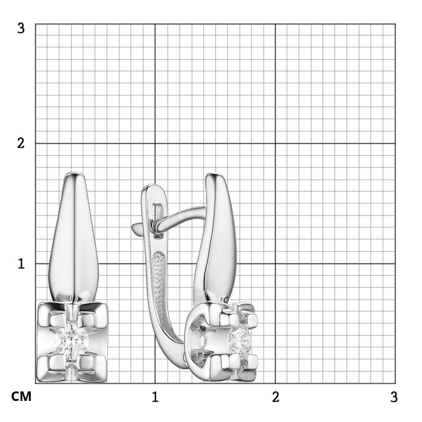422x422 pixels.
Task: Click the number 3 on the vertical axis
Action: (x=20, y=28)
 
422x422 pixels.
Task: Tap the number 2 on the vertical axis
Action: (x=20, y=143)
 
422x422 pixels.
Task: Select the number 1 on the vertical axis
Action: (x=21, y=263)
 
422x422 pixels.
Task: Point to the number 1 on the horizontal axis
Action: (x=155, y=397)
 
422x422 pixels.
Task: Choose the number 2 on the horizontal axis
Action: (x=276, y=397)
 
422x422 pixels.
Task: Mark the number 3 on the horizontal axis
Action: (x=394, y=397)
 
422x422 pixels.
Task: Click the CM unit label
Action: (x=21, y=397)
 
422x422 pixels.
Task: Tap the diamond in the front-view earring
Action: (x=72, y=342)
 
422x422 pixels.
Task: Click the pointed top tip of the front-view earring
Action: (x=75, y=172)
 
